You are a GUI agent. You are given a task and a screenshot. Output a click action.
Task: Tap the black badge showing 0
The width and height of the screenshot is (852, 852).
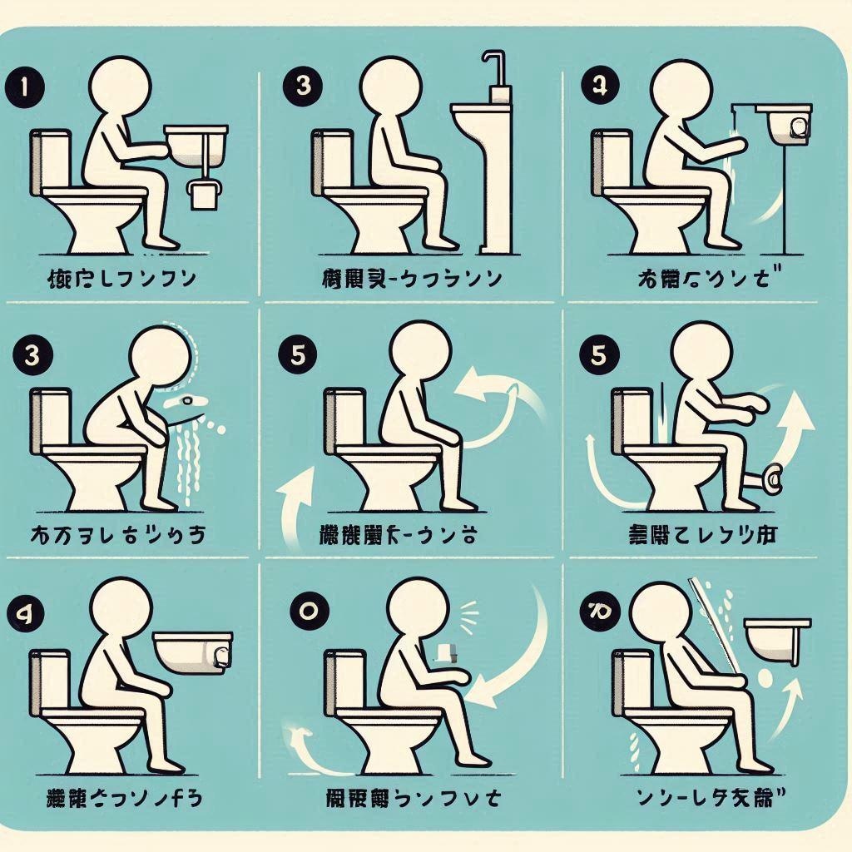click(x=306, y=609)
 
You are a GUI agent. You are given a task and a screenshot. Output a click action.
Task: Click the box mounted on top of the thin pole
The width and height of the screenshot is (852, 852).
click(x=786, y=124)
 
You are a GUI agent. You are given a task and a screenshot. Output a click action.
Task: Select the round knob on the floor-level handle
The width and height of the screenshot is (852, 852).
click(x=773, y=478)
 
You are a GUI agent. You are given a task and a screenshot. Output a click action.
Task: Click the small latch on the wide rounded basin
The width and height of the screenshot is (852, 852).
click(x=221, y=656)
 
